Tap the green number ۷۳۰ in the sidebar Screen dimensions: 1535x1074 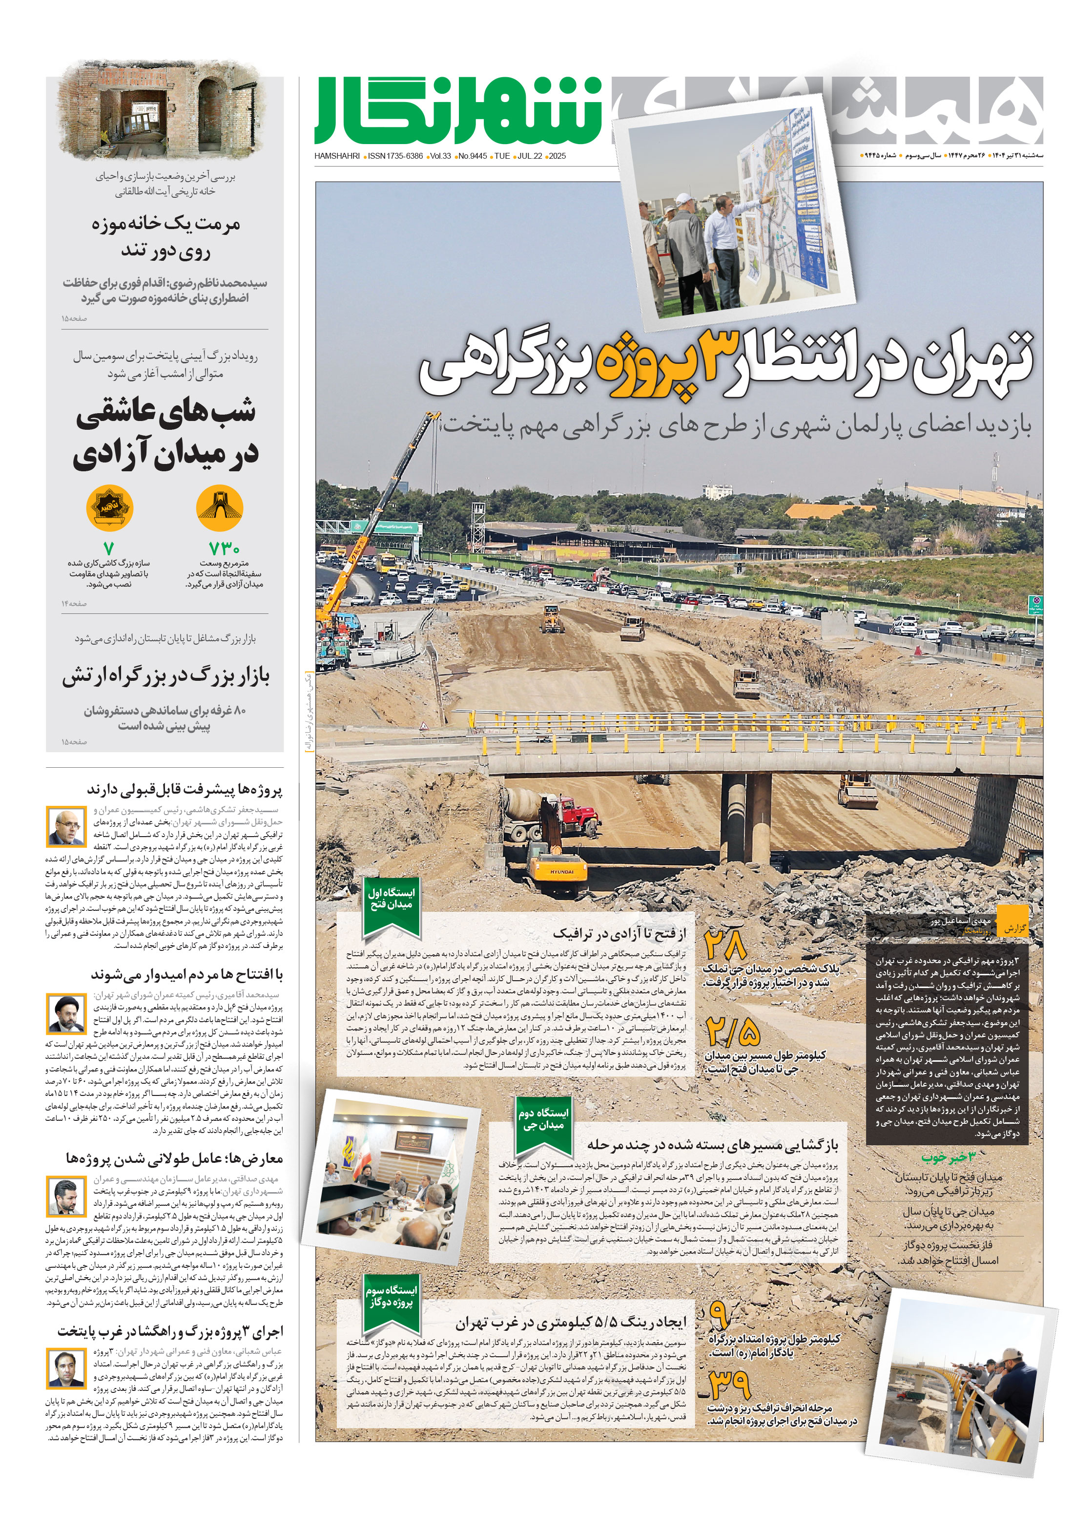[224, 549]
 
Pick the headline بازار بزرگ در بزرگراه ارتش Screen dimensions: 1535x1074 [166, 676]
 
